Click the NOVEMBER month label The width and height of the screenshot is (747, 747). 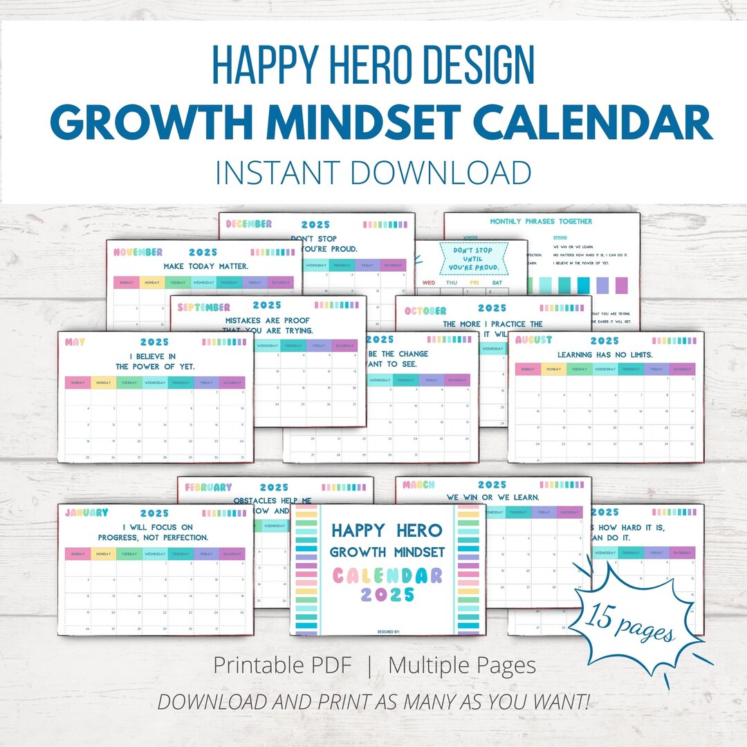point(138,252)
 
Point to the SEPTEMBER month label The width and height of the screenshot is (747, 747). point(200,306)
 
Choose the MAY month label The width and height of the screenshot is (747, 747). point(75,342)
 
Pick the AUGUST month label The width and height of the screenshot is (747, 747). point(533,340)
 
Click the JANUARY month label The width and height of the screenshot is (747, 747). point(87,513)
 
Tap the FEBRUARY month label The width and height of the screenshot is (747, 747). point(208,487)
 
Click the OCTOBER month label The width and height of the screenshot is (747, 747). point(425,311)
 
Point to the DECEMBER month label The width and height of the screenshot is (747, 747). point(249,224)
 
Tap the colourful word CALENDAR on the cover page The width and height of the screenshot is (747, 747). point(387,575)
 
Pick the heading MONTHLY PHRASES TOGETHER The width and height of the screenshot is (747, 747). point(541,221)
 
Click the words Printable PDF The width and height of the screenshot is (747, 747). point(282,665)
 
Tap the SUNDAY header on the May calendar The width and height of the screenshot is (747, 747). point(77,382)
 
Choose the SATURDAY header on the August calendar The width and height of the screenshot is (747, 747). point(682,369)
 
